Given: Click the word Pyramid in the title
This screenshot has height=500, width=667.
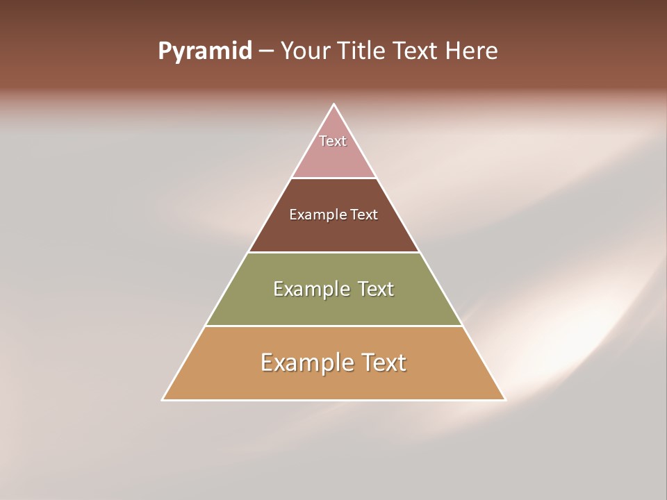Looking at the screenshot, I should pyautogui.click(x=204, y=51).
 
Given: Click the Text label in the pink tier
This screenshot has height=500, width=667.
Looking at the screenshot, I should pyautogui.click(x=333, y=141).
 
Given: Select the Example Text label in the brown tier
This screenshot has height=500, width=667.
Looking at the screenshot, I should pyautogui.click(x=333, y=215).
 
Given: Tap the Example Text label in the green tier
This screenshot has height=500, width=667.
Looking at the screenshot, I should pyautogui.click(x=333, y=289).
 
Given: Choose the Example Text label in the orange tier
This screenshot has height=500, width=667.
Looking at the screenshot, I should pyautogui.click(x=333, y=362).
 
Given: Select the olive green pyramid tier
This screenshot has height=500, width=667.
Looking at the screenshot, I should pyautogui.click(x=333, y=310).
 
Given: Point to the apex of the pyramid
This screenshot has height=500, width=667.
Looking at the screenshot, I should pyautogui.click(x=333, y=105).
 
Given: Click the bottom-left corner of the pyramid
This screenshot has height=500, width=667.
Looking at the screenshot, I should pyautogui.click(x=163, y=399).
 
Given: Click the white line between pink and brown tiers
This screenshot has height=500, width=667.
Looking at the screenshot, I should pyautogui.click(x=333, y=178).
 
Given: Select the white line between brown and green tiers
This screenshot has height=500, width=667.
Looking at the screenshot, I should pyautogui.click(x=333, y=252).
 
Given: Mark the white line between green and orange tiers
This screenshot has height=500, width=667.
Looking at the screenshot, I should pyautogui.click(x=333, y=326).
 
